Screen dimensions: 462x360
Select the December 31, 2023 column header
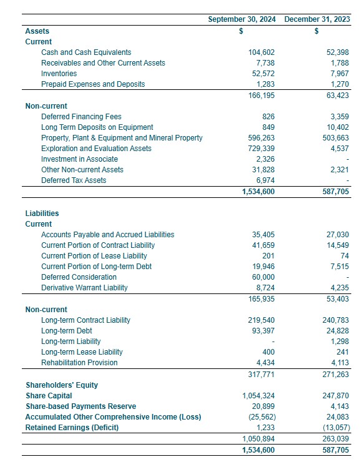coord(316,19)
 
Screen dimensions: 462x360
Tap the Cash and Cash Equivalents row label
coord(86,52)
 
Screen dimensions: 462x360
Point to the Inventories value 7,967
coord(336,74)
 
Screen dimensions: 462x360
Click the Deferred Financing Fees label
coord(81,117)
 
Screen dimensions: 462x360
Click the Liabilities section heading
coord(42,214)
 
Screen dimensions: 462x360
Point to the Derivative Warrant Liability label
coord(84,288)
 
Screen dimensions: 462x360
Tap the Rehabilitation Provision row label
coord(79,363)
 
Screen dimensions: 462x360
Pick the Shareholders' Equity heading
coord(62,385)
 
